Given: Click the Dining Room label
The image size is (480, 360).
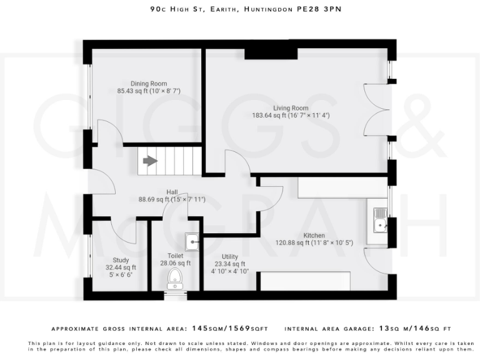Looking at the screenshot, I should (148, 84).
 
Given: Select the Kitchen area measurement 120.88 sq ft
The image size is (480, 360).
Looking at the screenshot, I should (314, 242).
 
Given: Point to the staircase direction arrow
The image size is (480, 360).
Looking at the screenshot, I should (150, 161).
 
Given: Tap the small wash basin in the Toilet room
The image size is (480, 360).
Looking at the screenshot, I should (192, 240).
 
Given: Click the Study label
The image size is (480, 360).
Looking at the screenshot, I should (121, 260).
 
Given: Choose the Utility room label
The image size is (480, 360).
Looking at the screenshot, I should (229, 256).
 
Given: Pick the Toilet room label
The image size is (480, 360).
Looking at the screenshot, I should (176, 256).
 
